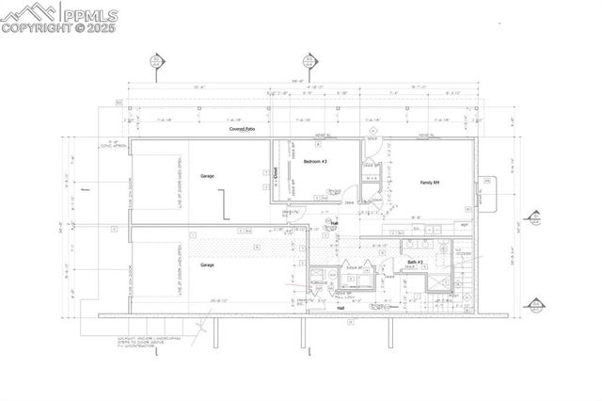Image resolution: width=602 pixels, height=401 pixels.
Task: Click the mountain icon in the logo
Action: click(27, 12)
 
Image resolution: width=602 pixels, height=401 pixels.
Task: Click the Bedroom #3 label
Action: click(314, 162)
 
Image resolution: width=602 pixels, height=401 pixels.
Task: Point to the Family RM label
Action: click(432, 182)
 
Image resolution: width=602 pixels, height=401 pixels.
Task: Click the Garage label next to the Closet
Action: click(208, 176)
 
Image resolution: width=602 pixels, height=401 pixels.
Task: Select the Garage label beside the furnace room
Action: click(207, 265)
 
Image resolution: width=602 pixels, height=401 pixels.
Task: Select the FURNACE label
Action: click(316, 280)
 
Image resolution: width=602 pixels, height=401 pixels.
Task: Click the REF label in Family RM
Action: click(464, 225)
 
